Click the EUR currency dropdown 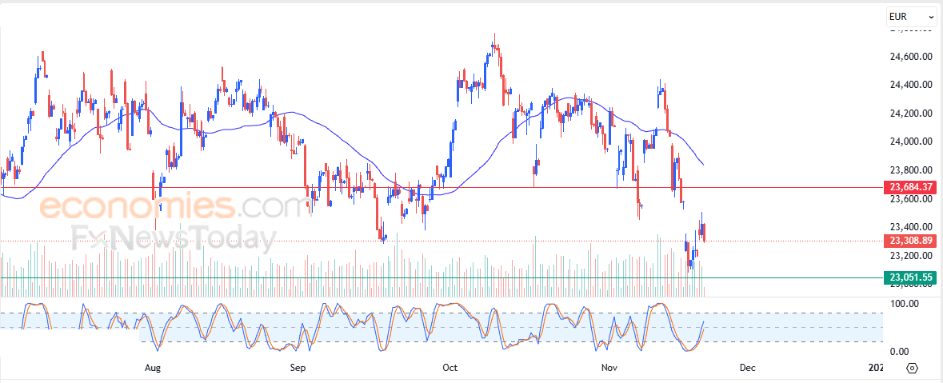[911, 16]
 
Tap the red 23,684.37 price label [910, 187]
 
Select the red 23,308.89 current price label [910, 240]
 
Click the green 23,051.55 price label [910, 277]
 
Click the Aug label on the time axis [154, 369]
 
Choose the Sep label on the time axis [298, 369]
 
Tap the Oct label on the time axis [450, 369]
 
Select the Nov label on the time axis [609, 369]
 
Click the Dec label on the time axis [747, 369]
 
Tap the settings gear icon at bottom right [912, 369]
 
